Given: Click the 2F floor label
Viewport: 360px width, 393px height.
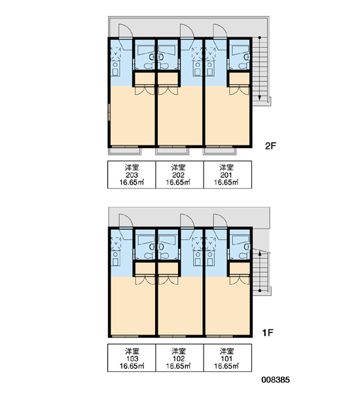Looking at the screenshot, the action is (270, 145).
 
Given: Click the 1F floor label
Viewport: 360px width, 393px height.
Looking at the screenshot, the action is (268, 333).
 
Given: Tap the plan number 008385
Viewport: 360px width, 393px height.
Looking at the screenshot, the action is (276, 380).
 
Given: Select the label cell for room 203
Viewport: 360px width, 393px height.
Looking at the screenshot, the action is (132, 174).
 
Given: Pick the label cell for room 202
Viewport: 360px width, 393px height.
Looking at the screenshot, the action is (179, 174).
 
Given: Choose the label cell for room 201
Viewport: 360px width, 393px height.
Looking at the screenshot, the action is (228, 174).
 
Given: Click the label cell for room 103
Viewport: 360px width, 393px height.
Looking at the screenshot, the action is (132, 358).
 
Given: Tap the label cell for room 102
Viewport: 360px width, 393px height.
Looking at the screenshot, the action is (179, 358).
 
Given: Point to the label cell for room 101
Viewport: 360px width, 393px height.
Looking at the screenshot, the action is (228, 358).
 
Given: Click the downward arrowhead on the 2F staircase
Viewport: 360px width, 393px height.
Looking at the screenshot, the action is (260, 98).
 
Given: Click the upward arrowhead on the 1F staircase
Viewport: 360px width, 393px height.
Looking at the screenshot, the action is (260, 253).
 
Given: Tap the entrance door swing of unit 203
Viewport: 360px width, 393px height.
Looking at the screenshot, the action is (125, 30).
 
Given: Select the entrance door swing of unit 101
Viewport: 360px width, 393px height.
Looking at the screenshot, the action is (220, 220).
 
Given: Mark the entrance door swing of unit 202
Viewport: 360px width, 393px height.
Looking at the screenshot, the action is (187, 30).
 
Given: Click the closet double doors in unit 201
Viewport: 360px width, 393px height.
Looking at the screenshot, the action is (240, 91).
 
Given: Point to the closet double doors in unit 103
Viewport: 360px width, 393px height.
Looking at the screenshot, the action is (145, 280).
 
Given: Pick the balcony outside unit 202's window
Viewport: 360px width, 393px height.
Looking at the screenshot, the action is (172, 151).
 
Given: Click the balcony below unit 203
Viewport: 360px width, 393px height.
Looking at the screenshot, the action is (124, 151).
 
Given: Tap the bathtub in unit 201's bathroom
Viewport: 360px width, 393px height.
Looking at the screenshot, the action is (240, 50).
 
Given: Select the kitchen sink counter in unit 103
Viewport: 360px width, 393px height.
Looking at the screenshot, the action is (115, 257).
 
